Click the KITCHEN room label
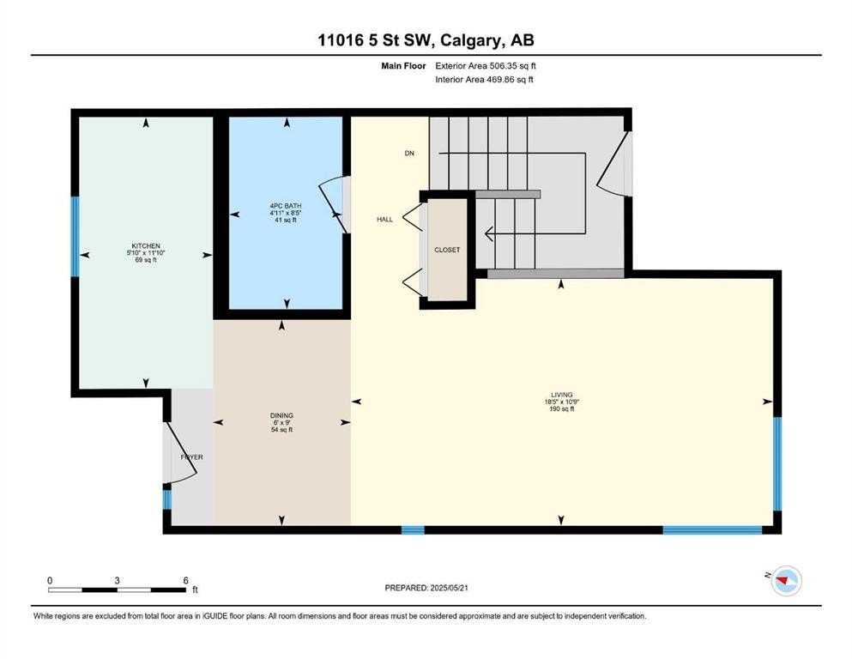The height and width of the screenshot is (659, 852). coord(146,246)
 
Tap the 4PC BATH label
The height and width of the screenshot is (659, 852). coord(285,206)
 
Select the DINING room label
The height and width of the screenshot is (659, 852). coord(281,415)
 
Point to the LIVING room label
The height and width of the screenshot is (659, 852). coord(562,395)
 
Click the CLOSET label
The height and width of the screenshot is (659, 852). coord(447,250)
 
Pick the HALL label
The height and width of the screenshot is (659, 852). coord(384,220)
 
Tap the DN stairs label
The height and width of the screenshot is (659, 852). coord(409,154)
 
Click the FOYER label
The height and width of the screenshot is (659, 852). coord(192,456)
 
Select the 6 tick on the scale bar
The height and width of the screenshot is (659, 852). coord(186,581)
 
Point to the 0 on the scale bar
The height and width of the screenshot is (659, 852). coord(50,581)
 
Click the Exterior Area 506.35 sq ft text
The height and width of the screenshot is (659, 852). coord(486,66)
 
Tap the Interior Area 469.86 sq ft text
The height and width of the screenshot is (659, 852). coord(484,79)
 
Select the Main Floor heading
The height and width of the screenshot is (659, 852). coord(403,66)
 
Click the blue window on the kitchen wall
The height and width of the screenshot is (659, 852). coord(76,236)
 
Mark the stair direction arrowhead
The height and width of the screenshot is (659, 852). coord(488,233)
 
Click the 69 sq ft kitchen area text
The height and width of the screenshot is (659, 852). coord(146,260)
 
